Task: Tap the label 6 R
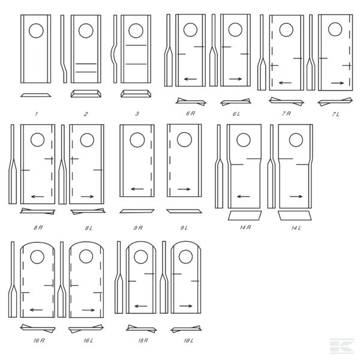click(x=190, y=113)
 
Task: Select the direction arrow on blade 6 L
click(x=235, y=79)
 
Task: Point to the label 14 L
click(x=296, y=228)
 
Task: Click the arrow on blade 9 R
click(x=137, y=189)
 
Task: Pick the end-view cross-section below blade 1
click(x=36, y=95)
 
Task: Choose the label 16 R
click(x=39, y=340)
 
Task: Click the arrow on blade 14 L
click(x=296, y=196)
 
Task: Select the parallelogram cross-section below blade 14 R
click(x=245, y=215)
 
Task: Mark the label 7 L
click(x=335, y=114)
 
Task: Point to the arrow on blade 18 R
click(x=141, y=306)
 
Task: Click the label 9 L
click(x=184, y=228)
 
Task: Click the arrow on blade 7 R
click(x=285, y=83)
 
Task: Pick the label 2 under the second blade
click(x=86, y=114)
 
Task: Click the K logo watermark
click(x=342, y=346)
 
